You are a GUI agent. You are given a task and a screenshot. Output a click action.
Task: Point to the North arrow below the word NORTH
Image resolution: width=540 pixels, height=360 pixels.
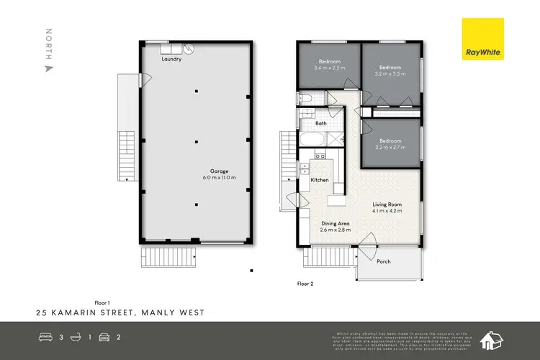click(49, 69)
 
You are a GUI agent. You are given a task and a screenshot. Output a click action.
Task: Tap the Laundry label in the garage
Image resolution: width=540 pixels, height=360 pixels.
click(171, 59)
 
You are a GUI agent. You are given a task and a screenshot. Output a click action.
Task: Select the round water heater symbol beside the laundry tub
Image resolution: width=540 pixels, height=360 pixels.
click(188, 48)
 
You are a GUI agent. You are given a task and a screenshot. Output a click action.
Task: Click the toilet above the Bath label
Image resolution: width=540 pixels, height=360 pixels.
click(305, 99)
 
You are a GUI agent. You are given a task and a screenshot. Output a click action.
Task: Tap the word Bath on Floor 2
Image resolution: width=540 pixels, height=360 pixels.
click(320, 123)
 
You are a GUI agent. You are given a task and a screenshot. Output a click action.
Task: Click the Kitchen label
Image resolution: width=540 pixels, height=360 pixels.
click(320, 179)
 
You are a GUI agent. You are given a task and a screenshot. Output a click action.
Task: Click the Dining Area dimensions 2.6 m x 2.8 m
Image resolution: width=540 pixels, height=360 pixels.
click(335, 230)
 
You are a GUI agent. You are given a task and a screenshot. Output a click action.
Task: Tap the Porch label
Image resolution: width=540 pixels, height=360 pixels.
click(384, 261)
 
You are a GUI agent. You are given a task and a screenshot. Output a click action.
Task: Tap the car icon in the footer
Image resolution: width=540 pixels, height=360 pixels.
click(104, 336)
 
